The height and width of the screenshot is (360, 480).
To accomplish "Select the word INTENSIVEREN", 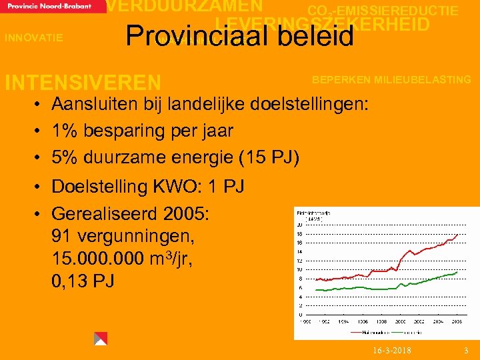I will (x=83, y=83).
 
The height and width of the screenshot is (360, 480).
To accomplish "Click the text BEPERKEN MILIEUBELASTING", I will (x=392, y=80).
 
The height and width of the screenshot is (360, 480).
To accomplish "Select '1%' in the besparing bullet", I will (x=65, y=131).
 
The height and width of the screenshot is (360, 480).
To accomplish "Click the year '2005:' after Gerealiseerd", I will (x=184, y=214).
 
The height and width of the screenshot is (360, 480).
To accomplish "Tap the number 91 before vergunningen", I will (x=61, y=237).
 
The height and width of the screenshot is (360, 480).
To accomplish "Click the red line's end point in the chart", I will (x=457, y=235).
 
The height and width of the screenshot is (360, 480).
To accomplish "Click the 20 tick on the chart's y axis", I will (x=299, y=225).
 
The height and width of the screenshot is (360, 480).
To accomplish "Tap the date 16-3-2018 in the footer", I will (x=392, y=351).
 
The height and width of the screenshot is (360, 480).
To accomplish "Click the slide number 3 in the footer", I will (x=466, y=351).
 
